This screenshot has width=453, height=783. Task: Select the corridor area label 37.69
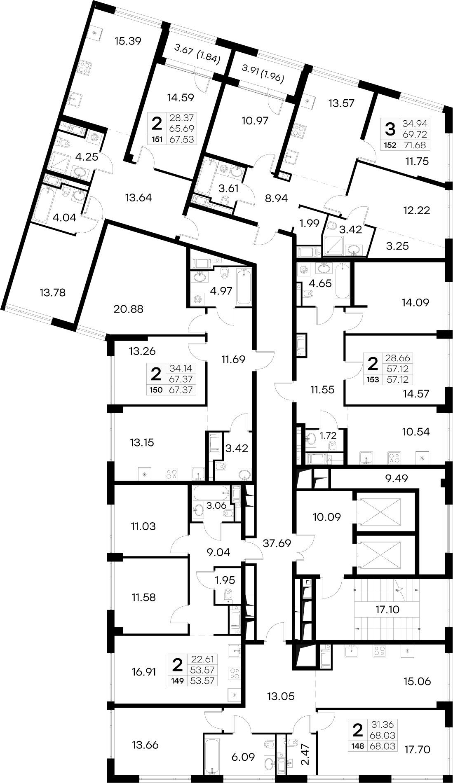(277, 543)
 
